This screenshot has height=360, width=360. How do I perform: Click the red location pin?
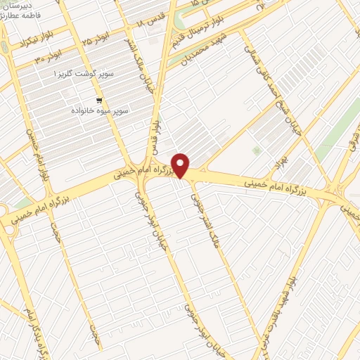(181, 165)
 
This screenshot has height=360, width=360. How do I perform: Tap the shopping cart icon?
(100, 101)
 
